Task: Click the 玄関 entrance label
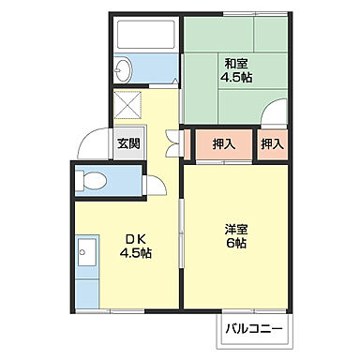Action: tap(129, 143)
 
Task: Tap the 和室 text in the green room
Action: tap(233, 64)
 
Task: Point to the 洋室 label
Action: tap(234, 228)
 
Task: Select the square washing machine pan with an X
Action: tap(128, 104)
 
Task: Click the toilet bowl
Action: tap(93, 180)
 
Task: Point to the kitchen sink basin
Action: tap(87, 251)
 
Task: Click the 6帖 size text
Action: tap(234, 243)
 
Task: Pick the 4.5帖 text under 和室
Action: tap(234, 79)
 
